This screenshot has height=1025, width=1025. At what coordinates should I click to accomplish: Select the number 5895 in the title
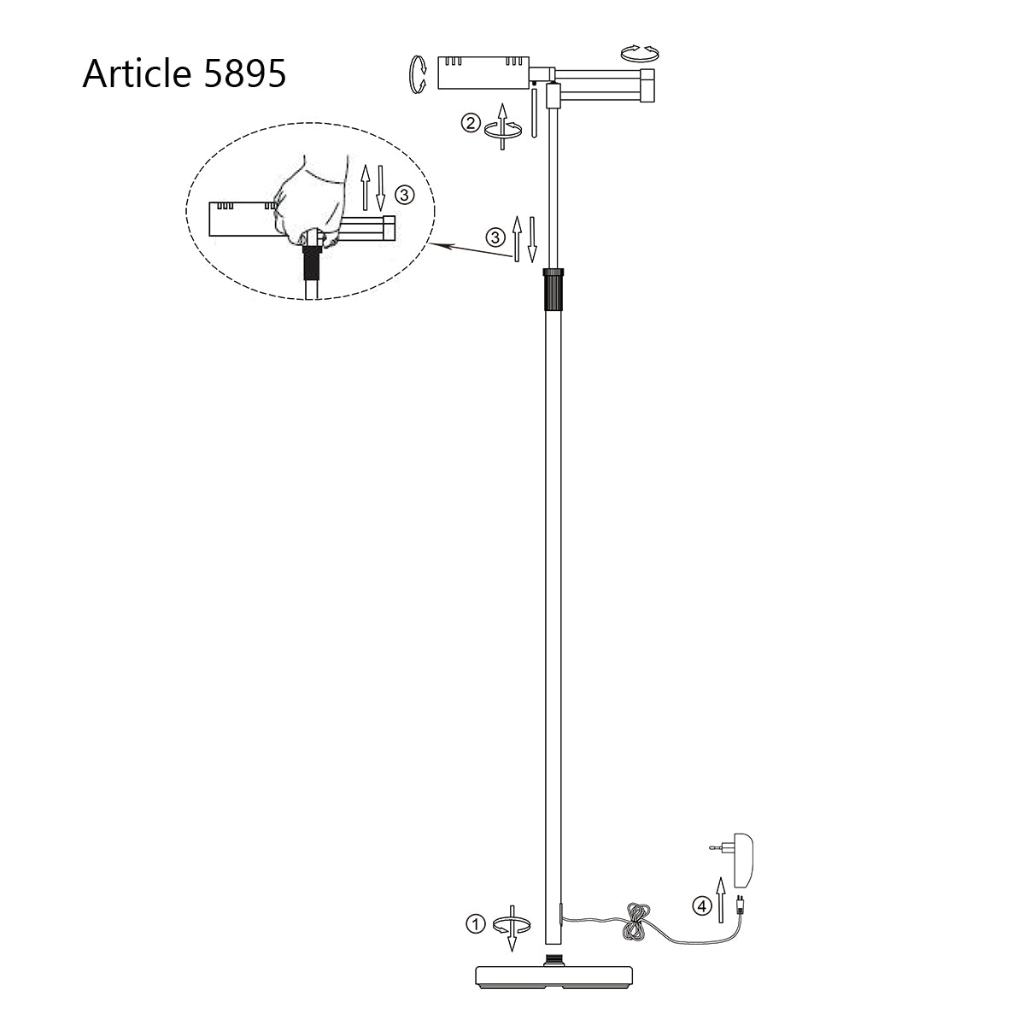[x=244, y=74]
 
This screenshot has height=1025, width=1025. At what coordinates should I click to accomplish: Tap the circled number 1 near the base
[x=475, y=923]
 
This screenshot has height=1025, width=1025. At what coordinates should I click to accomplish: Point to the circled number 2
[x=470, y=123]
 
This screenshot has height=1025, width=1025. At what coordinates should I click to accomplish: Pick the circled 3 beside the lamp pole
[x=495, y=237]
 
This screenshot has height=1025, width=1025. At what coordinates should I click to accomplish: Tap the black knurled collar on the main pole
[x=553, y=289]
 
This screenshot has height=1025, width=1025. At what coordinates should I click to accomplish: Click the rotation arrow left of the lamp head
[x=419, y=73]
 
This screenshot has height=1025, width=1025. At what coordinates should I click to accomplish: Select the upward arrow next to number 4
[x=720, y=898]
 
